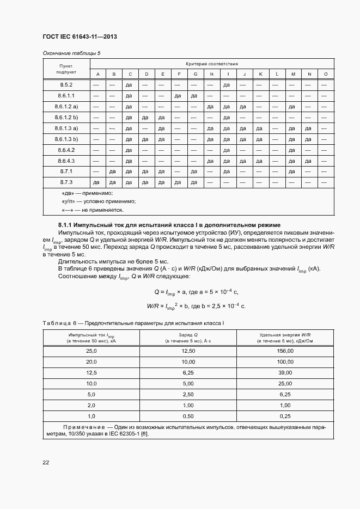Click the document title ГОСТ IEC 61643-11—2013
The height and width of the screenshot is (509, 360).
click(x=80, y=36)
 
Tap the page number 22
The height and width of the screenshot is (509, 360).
click(x=46, y=462)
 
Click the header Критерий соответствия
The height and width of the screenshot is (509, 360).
click(x=212, y=64)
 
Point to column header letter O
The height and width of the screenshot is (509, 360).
click(x=326, y=74)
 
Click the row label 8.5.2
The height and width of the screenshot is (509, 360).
click(x=66, y=85)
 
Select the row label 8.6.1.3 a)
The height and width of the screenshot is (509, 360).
click(x=66, y=128)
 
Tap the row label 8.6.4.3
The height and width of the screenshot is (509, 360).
click(x=66, y=161)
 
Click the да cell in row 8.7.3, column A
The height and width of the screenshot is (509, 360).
click(x=96, y=182)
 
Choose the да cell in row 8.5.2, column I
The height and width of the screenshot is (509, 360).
click(x=227, y=85)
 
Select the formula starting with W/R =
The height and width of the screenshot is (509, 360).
click(x=196, y=305)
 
